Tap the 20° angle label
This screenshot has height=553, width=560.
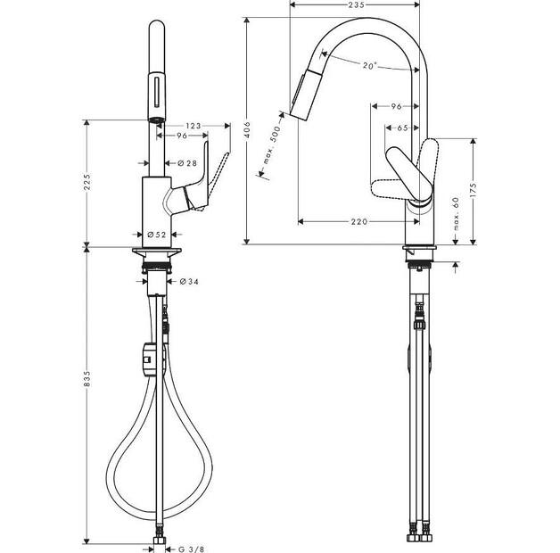coord(369,65)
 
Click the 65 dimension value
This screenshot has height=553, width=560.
coord(402,128)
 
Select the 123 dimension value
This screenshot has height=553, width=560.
coord(193,126)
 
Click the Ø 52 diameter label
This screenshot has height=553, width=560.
coord(156,235)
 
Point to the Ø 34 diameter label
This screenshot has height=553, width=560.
coord(189,282)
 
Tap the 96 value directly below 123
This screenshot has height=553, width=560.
coord(180,136)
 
